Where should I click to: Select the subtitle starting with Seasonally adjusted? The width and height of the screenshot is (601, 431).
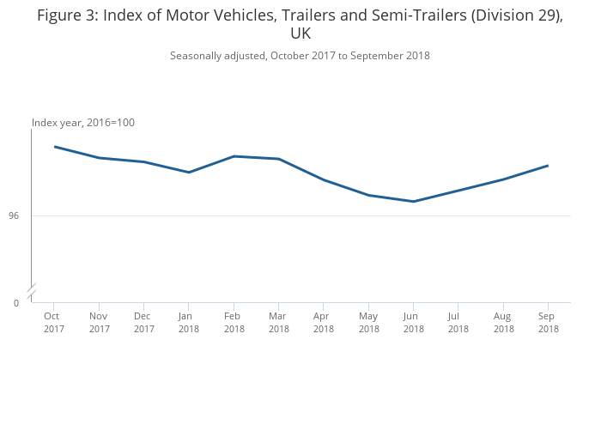click(300, 56)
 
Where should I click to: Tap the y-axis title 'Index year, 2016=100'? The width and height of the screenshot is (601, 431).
click(83, 123)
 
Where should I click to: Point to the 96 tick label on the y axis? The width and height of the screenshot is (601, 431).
click(14, 215)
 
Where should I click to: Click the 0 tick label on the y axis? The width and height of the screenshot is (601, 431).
click(15, 303)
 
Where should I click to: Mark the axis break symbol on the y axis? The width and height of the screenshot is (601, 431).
click(32, 291)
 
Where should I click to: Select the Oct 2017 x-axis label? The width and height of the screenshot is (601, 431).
click(54, 322)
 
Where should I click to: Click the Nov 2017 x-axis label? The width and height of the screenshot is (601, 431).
click(99, 322)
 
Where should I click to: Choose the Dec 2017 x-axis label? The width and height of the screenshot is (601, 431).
click(144, 322)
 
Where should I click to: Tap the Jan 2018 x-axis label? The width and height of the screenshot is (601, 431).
click(189, 322)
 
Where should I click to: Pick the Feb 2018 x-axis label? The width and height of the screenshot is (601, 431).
click(234, 322)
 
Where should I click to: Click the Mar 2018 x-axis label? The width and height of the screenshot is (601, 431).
click(278, 322)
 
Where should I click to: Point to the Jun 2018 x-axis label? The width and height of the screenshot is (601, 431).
click(414, 322)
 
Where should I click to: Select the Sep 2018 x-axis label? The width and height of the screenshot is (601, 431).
click(548, 322)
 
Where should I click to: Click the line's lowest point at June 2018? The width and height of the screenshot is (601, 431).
click(414, 202)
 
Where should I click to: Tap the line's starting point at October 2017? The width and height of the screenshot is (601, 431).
click(55, 147)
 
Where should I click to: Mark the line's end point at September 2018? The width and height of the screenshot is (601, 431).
click(548, 166)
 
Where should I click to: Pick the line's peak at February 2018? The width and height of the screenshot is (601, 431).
click(234, 156)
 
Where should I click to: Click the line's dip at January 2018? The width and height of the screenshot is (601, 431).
click(189, 173)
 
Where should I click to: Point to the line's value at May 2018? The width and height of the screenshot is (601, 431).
click(368, 196)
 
